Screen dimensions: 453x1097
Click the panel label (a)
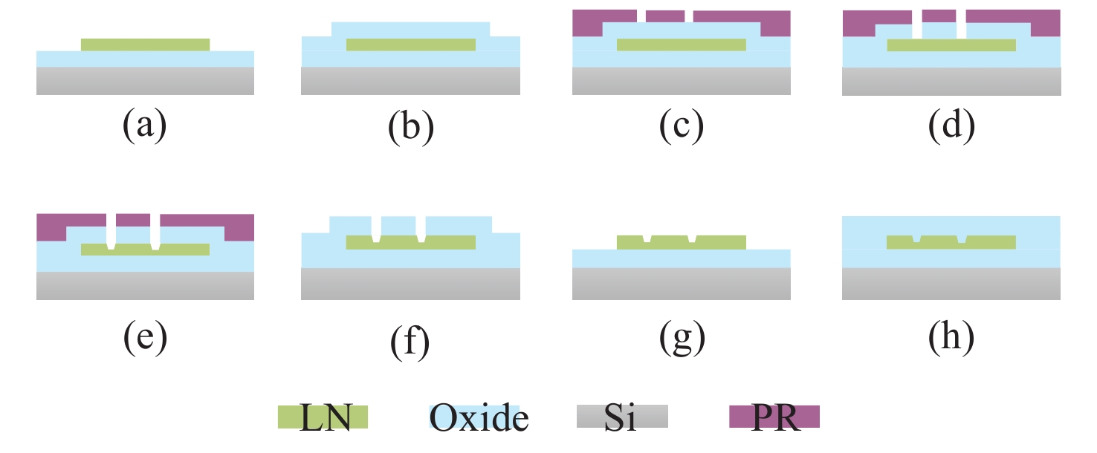pos(144,126)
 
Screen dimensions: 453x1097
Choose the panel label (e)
pos(144,337)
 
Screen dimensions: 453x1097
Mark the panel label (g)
pos(681,337)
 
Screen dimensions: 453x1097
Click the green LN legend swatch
pos(323,417)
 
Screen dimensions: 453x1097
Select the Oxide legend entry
pos(479,417)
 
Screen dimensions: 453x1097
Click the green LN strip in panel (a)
pos(145,45)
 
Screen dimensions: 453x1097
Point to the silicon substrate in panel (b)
pos(410,81)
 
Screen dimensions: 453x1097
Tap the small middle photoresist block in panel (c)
pos(665,16)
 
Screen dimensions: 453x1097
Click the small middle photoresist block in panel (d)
pos(939,16)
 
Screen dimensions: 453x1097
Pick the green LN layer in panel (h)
pos(988,241)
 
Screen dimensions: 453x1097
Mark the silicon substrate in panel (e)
pos(145,285)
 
